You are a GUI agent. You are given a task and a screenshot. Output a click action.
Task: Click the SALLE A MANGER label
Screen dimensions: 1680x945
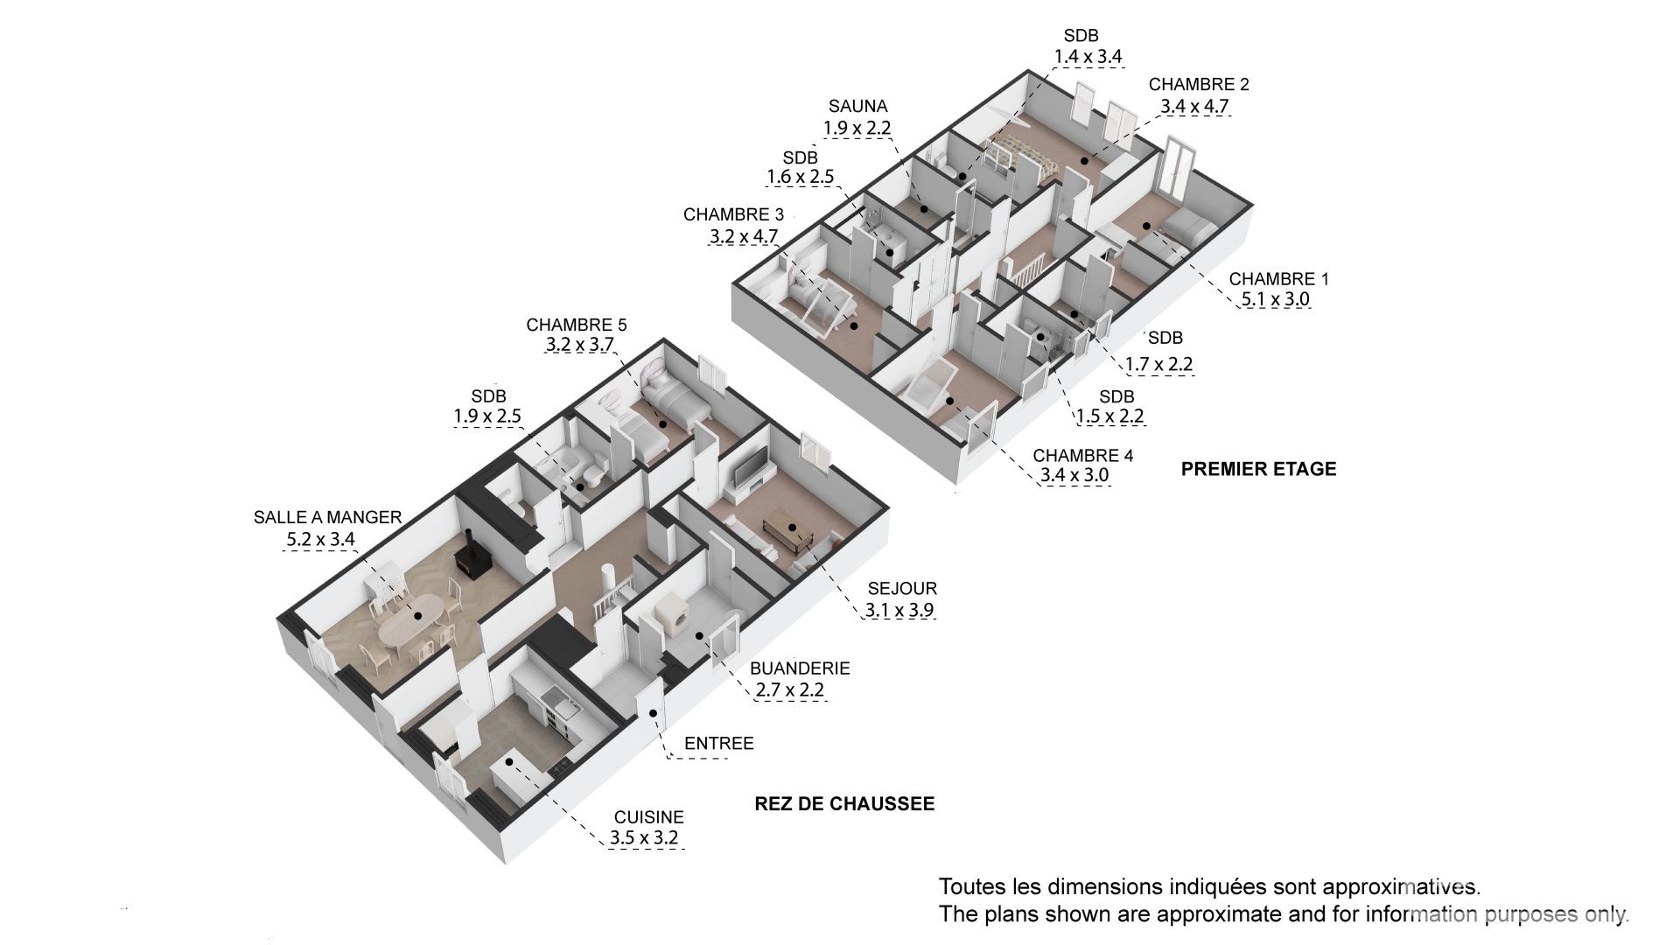click(x=327, y=517)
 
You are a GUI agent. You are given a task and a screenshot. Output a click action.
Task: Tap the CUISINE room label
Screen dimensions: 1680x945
click(x=648, y=817)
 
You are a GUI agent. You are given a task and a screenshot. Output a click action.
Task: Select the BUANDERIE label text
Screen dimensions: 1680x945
click(x=800, y=668)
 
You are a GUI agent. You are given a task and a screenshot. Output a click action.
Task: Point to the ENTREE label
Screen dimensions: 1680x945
click(x=718, y=744)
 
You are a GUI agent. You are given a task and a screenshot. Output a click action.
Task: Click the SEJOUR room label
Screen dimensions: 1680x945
click(x=902, y=589)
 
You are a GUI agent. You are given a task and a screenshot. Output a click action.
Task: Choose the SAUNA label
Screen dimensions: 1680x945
click(x=857, y=107)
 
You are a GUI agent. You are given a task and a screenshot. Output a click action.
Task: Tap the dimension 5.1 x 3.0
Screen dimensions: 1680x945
click(x=1274, y=300)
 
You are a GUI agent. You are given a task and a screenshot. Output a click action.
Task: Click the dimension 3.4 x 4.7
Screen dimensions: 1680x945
click(x=1194, y=107)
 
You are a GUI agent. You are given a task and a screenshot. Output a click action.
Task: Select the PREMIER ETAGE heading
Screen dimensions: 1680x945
click(x=1258, y=469)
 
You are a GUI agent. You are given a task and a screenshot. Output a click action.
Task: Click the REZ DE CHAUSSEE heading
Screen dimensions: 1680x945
click(x=844, y=803)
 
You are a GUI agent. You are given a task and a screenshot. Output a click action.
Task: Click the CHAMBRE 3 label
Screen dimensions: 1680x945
click(x=733, y=214)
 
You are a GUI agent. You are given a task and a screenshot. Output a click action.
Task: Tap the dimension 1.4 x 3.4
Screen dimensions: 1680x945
click(x=1088, y=57)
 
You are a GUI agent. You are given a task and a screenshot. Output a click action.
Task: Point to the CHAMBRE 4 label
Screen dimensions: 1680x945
click(x=1082, y=456)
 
